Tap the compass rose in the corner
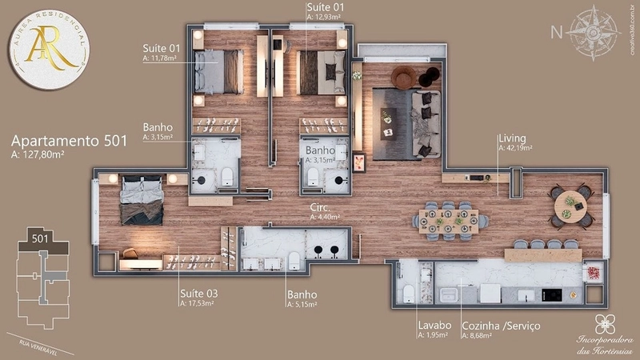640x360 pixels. pos(593,33)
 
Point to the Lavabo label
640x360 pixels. pos(434,326)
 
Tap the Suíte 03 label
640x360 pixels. pos(199,294)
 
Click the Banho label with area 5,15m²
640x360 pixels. pos(302,294)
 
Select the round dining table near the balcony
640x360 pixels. pos(570,206)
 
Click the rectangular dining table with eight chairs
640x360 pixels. pos(449,221)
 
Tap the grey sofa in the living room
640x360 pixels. pos(420,124)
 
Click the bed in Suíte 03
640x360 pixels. pos(142,201)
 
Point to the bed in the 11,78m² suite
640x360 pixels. pos(218,73)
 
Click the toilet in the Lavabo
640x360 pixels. pos(409,294)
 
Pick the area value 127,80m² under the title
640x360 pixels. pos(39,154)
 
